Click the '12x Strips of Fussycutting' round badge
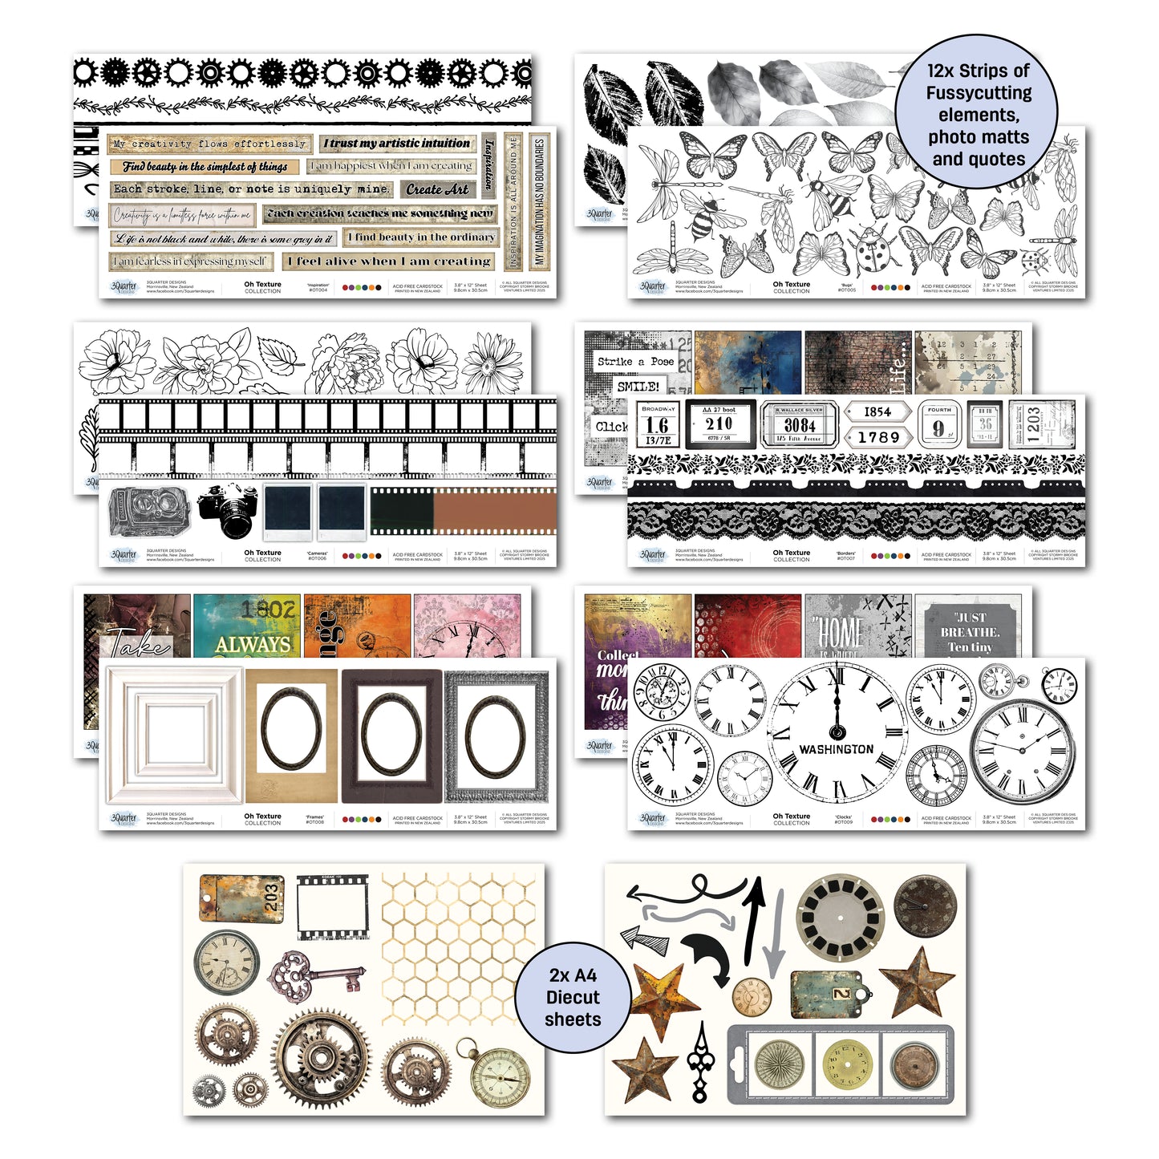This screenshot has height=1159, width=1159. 977,115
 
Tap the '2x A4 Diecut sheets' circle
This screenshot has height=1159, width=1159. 573,997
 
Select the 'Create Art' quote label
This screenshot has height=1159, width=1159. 437,189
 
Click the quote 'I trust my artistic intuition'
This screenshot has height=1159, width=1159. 397,144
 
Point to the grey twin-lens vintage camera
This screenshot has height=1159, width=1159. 148,510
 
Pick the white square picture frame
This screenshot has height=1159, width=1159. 174,735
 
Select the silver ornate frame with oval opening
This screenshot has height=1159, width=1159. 496,736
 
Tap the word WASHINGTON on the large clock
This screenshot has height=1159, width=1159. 836,749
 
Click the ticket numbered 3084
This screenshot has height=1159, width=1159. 799,423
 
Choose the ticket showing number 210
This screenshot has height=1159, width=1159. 719,423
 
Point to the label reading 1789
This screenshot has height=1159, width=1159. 877,437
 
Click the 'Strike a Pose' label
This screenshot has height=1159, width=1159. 634,362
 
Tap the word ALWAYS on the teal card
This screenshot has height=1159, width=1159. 252,643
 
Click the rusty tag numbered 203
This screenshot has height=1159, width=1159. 241,898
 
